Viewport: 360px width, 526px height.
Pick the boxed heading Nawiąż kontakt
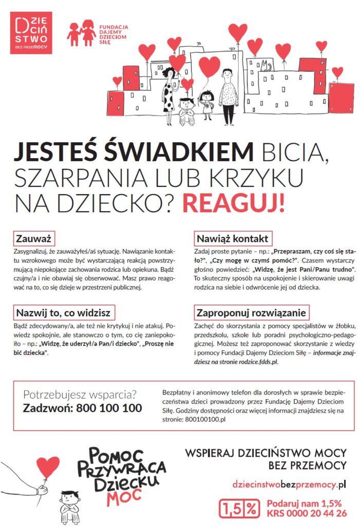point(232,239)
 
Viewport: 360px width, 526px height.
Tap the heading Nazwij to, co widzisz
point(63,312)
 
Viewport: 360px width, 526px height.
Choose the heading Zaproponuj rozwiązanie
point(251,312)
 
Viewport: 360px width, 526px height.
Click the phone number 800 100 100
point(109,408)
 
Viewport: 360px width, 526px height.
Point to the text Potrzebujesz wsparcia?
point(80,395)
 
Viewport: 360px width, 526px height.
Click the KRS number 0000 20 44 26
point(307,513)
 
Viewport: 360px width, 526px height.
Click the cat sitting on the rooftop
point(264,65)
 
